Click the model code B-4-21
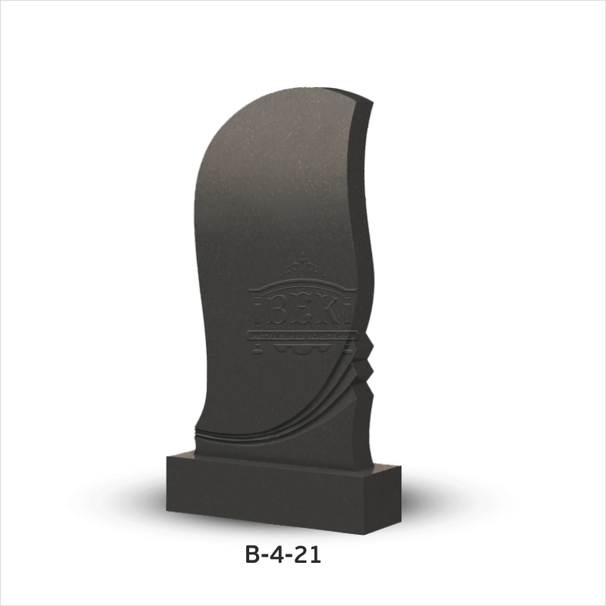point(283,554)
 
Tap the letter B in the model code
point(251,554)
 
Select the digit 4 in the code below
point(278,554)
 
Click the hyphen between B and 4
point(264,556)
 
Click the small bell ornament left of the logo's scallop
point(256,350)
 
